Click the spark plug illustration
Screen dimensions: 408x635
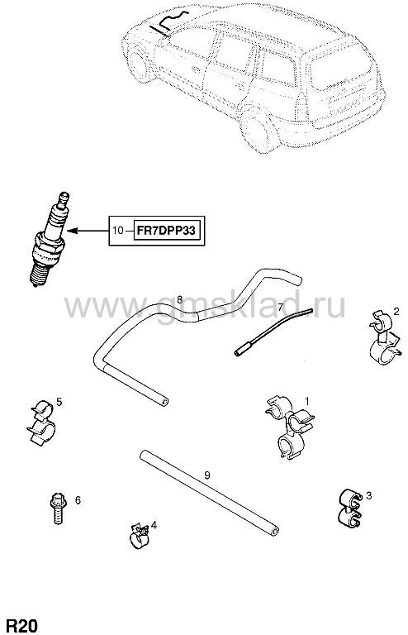point(48,239)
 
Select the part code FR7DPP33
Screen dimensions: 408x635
point(166,231)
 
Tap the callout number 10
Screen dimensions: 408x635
point(117,231)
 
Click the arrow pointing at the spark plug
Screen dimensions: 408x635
point(88,231)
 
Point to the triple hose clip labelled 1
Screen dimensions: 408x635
point(291,427)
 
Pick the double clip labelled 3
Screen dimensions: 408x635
point(349,508)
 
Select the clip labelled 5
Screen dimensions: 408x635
point(41,423)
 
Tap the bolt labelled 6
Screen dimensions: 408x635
point(59,508)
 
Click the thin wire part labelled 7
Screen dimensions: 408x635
point(273,332)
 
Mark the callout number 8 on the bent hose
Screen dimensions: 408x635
point(179,299)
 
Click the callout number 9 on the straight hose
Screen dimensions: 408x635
point(207,475)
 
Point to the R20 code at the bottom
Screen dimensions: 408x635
point(22,625)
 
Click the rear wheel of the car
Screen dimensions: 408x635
point(259,129)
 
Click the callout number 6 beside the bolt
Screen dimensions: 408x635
point(78,500)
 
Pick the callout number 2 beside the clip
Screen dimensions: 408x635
point(396,311)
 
